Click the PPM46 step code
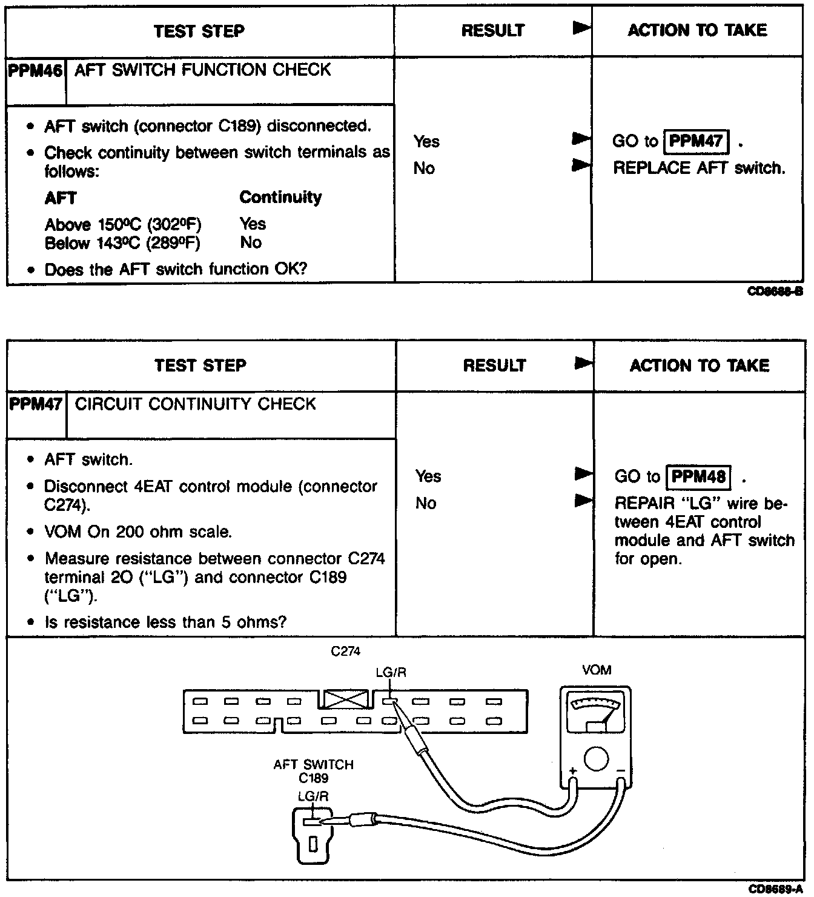[36, 71]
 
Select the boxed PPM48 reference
[698, 476]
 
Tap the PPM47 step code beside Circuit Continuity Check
[36, 404]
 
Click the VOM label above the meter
[596, 670]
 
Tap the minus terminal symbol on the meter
[620, 771]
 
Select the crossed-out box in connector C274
[346, 699]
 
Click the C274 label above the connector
[346, 652]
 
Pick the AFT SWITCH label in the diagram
[313, 765]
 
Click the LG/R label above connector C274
[391, 672]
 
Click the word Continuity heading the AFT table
[280, 198]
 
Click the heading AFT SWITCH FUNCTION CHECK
[203, 70]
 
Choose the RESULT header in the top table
[492, 31]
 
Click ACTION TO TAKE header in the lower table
[700, 365]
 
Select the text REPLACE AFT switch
[700, 168]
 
